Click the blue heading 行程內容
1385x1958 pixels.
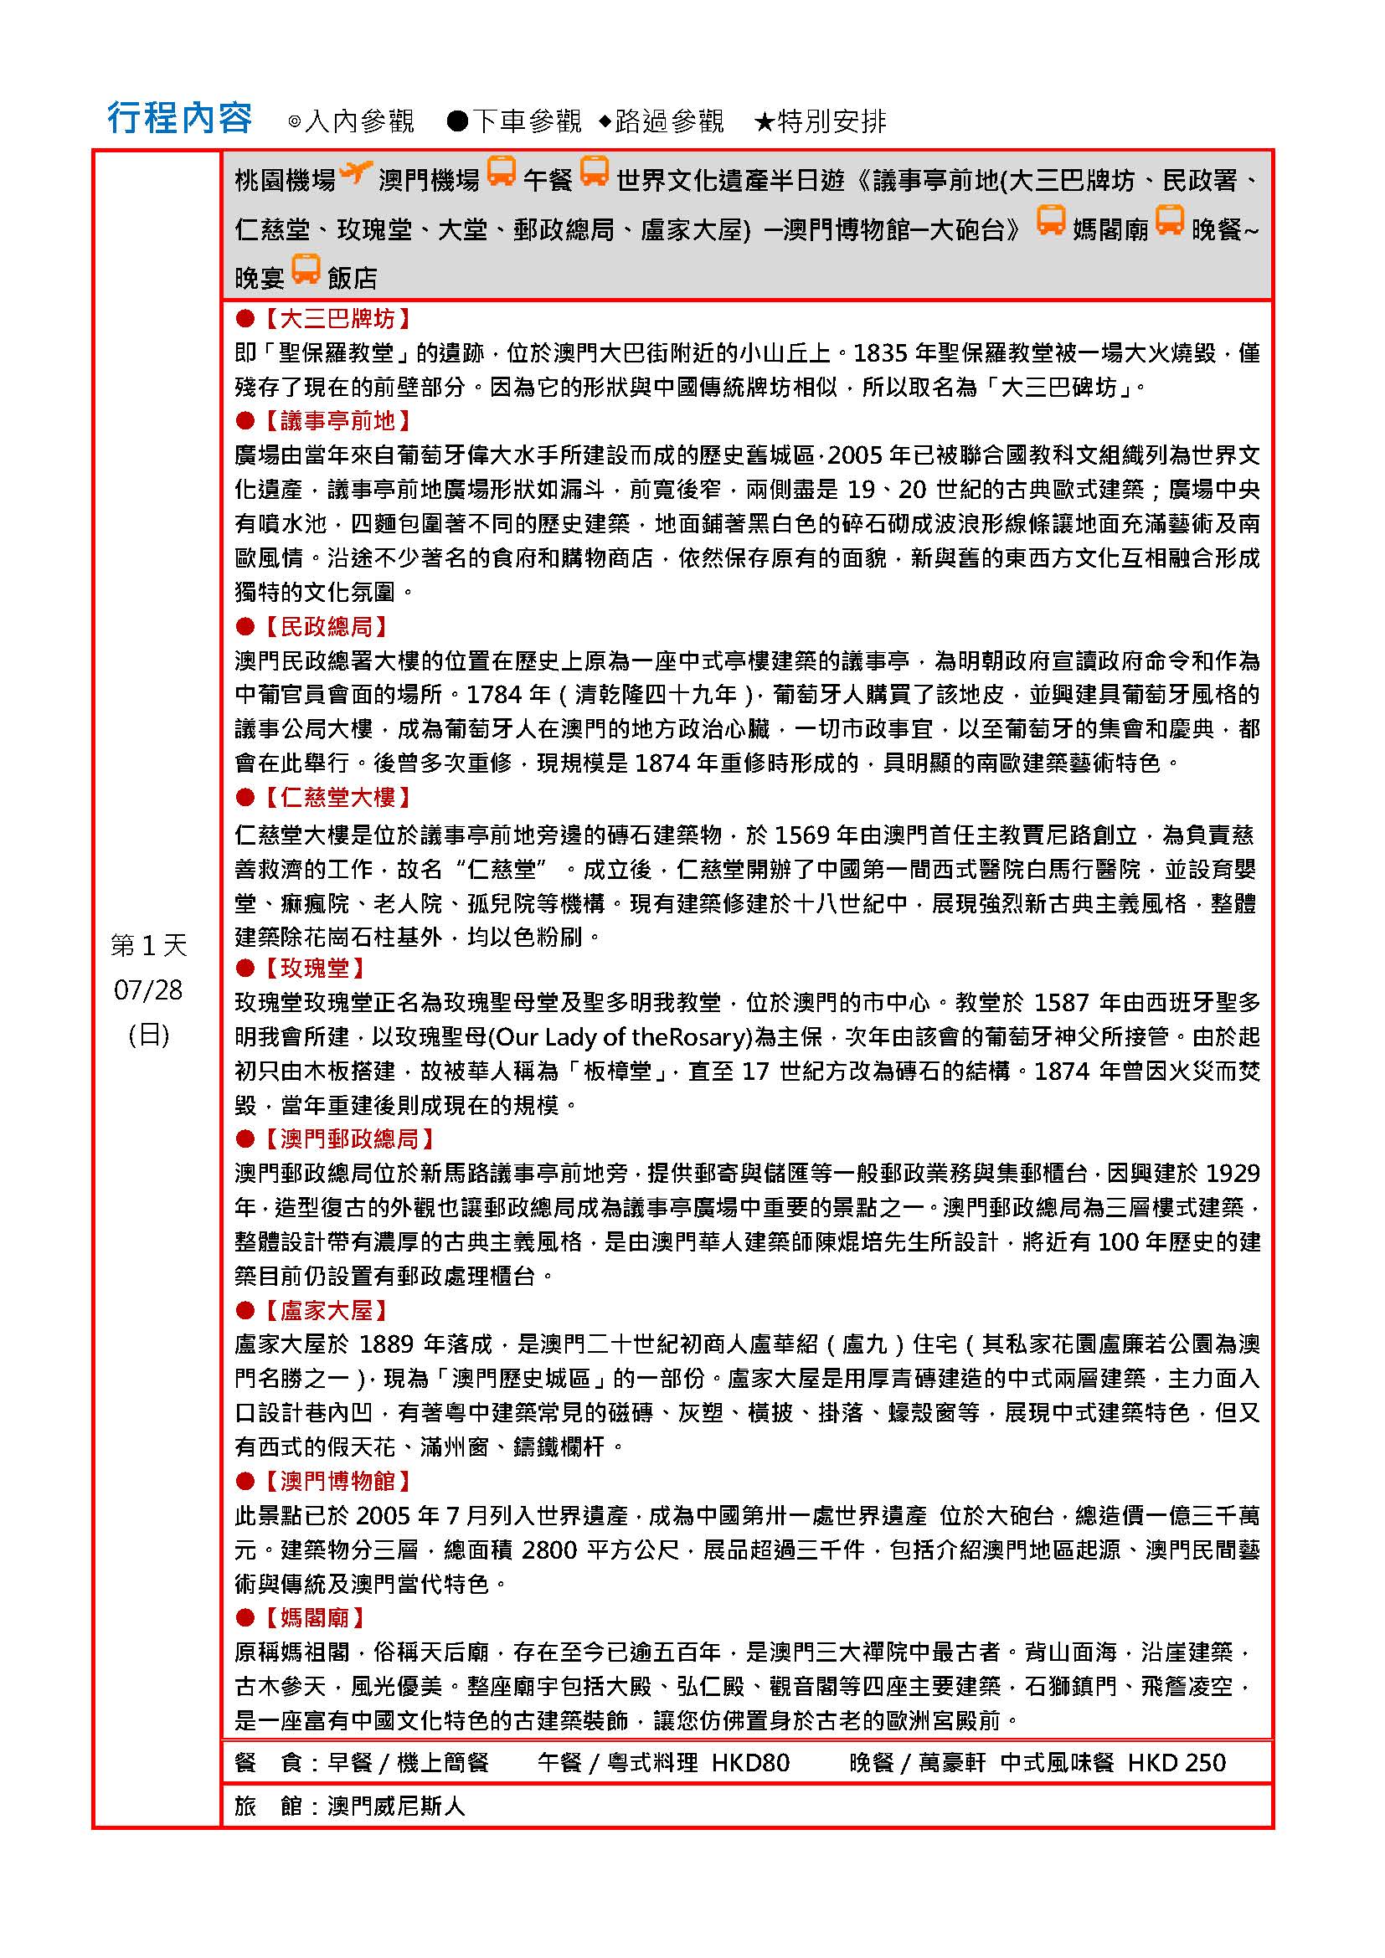coord(179,119)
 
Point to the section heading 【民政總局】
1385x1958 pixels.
coord(325,627)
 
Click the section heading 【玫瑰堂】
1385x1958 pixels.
coord(314,968)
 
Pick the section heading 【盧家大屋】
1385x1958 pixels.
coord(325,1310)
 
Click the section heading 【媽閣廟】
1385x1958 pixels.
coord(314,1617)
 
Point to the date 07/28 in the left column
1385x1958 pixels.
coord(148,989)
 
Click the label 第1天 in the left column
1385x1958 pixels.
coord(148,945)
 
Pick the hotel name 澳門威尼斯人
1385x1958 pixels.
coord(397,1806)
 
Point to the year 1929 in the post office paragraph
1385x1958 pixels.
coord(1233,1174)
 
